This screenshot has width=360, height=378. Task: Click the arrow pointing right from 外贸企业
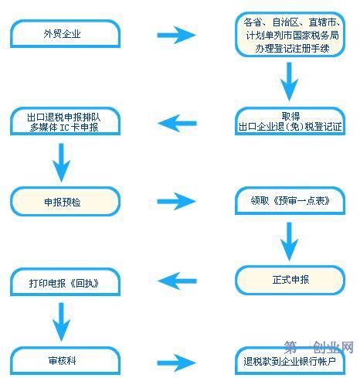pyautogui.click(x=177, y=35)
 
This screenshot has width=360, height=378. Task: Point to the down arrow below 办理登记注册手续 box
pyautogui.click(x=289, y=81)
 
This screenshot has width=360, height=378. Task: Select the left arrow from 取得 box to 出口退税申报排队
pyautogui.click(x=177, y=124)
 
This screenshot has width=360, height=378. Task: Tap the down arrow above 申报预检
pyautogui.click(x=61, y=163)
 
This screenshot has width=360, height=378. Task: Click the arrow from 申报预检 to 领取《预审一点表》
pyautogui.click(x=177, y=201)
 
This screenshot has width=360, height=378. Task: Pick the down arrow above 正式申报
pyautogui.click(x=289, y=242)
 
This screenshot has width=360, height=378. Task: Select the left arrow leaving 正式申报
pyautogui.click(x=177, y=281)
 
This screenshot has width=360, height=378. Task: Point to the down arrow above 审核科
pyautogui.click(x=61, y=322)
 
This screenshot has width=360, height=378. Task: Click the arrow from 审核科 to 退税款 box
pyautogui.click(x=177, y=363)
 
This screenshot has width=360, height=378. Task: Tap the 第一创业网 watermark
pyautogui.click(x=319, y=347)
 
